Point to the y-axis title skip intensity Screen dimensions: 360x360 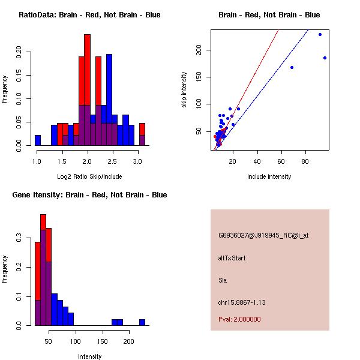[184, 90]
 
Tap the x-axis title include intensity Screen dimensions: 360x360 [269, 176]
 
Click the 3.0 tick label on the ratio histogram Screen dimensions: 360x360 [137, 162]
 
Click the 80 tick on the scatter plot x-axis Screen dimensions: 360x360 [305, 162]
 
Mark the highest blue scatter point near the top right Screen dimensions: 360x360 [320, 34]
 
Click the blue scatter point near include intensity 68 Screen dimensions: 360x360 [292, 67]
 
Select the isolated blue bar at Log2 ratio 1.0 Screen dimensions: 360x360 [38, 140]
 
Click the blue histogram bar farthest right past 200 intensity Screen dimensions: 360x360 [142, 322]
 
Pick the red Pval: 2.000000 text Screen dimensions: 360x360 [239, 319]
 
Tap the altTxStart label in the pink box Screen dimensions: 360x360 [232, 258]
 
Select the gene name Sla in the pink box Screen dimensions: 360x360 [222, 280]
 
